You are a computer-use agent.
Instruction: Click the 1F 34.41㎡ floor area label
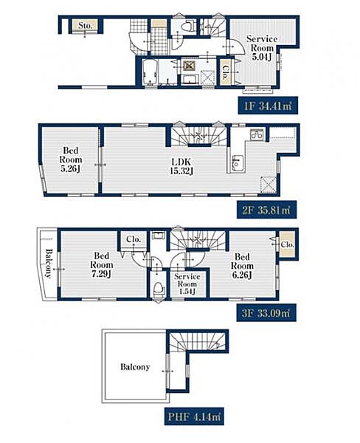point(268,106)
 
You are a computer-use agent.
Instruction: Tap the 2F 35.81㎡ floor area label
point(266,210)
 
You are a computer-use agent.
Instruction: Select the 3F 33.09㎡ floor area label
point(266,313)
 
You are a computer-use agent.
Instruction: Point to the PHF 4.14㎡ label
point(194,416)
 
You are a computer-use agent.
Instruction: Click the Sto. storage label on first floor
point(86,26)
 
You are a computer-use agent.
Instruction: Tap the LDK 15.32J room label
point(181,166)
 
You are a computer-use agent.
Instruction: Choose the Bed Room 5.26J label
point(71,159)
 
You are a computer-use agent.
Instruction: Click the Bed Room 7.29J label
point(101,265)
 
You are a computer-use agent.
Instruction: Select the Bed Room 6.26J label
point(242,266)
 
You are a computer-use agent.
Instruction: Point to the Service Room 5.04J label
point(262,48)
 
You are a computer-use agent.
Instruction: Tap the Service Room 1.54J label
point(187,284)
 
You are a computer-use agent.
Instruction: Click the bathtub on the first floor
point(150,72)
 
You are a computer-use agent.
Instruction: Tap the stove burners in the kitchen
point(257,134)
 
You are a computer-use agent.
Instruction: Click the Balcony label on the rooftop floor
point(135,367)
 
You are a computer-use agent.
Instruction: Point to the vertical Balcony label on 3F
point(49,264)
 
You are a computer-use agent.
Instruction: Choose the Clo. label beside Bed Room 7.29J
point(134,239)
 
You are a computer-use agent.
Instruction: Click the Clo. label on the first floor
point(226,72)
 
